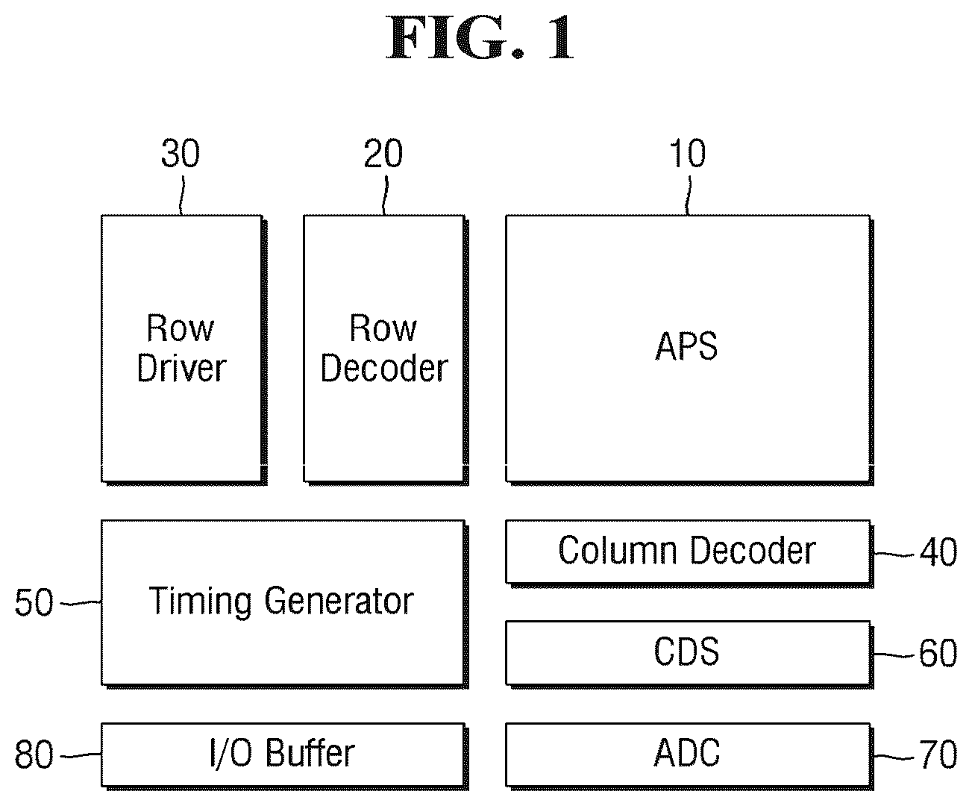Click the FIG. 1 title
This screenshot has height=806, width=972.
(480, 37)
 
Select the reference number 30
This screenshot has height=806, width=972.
(181, 153)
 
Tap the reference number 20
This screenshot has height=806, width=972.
(383, 153)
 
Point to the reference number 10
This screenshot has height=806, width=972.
(688, 153)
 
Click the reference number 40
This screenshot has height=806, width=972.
(938, 552)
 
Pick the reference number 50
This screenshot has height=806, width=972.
(34, 602)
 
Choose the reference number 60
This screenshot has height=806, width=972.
(938, 653)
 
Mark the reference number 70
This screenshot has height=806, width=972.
(938, 755)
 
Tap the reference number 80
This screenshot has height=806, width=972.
(34, 755)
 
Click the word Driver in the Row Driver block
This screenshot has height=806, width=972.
(181, 369)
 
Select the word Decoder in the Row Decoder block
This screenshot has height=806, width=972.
(384, 369)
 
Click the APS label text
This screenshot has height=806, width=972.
(686, 346)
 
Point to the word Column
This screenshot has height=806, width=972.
(618, 550)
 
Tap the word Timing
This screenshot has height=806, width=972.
(200, 602)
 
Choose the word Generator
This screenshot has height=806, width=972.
(339, 601)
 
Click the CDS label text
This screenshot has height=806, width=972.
(686, 652)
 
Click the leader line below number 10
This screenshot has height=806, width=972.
(689, 196)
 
